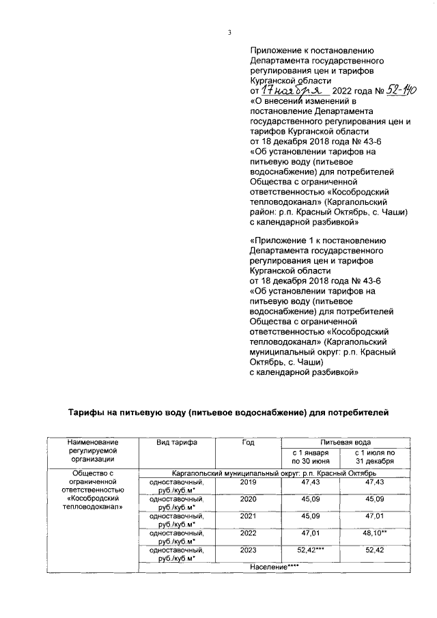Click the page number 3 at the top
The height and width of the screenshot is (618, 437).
tap(229, 32)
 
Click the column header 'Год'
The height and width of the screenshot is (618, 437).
tap(247, 443)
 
